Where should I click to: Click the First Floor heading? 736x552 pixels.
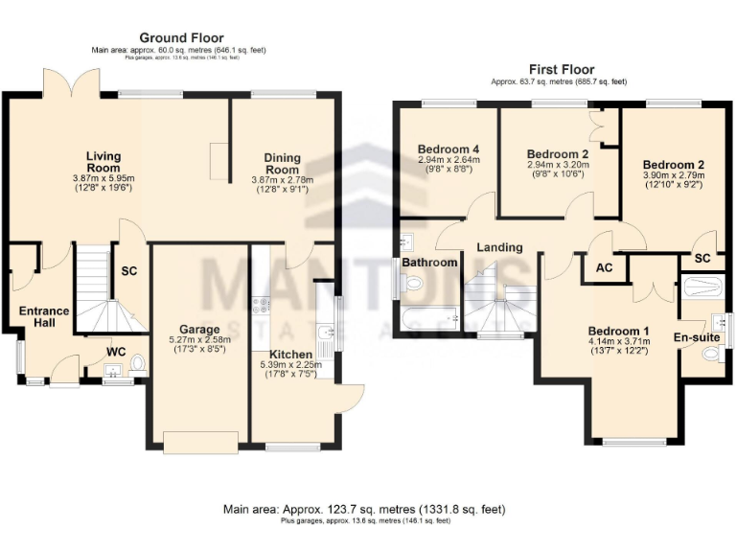point(561,70)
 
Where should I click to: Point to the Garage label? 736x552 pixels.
point(200,329)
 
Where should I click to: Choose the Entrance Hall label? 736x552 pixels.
point(44,317)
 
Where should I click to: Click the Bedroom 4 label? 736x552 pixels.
point(448,149)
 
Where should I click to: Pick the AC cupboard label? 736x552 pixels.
point(604,268)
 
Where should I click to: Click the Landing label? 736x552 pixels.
point(499,247)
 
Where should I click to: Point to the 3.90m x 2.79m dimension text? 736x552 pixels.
point(673,175)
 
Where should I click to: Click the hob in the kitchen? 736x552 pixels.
point(260,306)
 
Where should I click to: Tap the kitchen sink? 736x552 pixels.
point(328,333)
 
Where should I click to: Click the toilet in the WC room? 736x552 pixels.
point(136,363)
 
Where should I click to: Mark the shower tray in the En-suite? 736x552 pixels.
point(704,287)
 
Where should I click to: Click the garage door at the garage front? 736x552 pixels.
point(200,443)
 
